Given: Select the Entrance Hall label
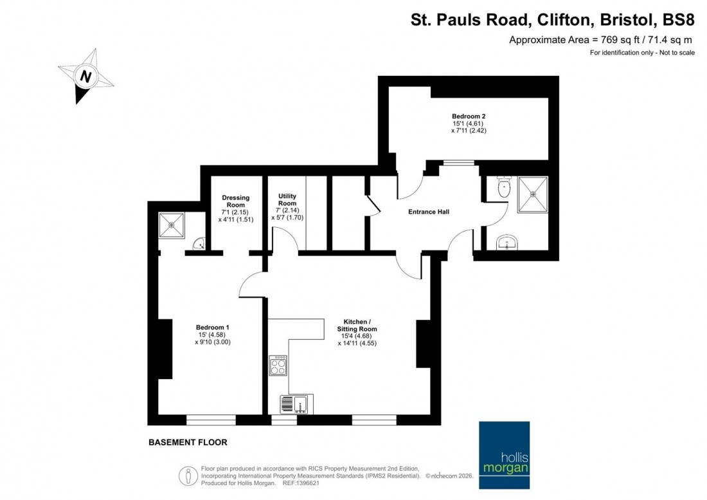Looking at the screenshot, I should (x=429, y=212).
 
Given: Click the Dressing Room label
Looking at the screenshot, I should (x=235, y=201).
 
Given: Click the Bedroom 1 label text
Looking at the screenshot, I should (x=213, y=327).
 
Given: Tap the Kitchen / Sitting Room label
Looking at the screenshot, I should (x=357, y=325).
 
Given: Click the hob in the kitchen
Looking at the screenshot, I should (x=278, y=366).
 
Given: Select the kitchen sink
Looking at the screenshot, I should (x=296, y=404).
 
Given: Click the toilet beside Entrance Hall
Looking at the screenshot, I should (x=504, y=187).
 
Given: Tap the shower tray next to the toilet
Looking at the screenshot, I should (x=532, y=194).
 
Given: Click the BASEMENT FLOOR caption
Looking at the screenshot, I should (x=188, y=443).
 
